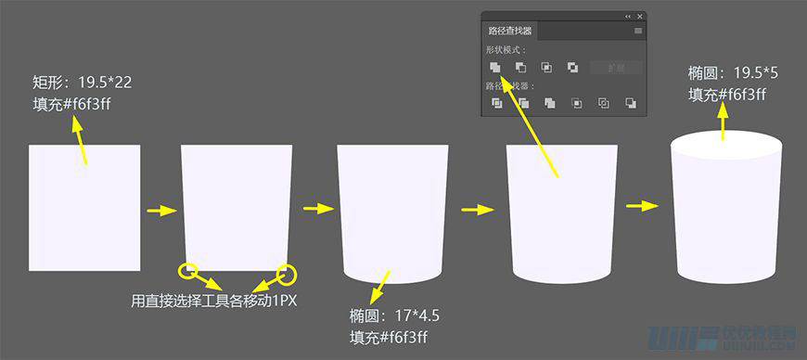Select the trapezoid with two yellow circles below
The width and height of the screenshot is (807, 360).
(237, 204)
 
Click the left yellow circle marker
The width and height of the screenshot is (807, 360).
(189, 271)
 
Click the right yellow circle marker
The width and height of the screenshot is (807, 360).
(287, 274)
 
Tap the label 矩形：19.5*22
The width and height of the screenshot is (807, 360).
(82, 83)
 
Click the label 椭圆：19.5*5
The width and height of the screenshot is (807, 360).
(732, 72)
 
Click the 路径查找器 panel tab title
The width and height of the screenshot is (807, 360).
(510, 31)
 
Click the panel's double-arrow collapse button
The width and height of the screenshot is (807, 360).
(627, 17)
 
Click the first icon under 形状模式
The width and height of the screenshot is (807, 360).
(496, 67)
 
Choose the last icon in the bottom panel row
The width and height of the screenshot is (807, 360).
(631, 103)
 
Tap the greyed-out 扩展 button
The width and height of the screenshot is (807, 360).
(610, 68)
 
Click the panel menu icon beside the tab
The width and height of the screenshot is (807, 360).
(638, 31)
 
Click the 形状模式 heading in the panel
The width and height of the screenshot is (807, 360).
(506, 50)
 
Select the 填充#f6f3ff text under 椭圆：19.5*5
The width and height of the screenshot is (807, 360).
(726, 94)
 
